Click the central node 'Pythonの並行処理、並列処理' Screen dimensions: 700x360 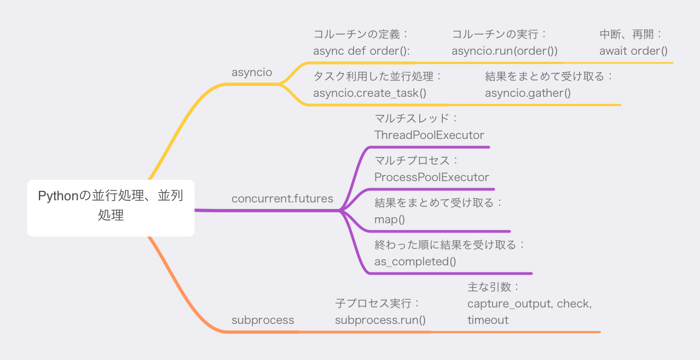111,208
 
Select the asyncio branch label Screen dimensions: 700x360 252,73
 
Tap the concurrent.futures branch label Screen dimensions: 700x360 282,199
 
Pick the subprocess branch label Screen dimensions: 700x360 263,320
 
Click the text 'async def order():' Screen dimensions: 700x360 362,51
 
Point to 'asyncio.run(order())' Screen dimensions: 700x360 505,51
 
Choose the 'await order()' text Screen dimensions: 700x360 633,51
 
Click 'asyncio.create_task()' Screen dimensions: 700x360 369,93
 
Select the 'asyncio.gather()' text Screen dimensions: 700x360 528,93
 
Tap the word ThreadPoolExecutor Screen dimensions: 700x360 429,135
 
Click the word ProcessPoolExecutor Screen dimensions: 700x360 432,177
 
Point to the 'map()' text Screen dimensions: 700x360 389,220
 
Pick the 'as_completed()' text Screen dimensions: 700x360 415,262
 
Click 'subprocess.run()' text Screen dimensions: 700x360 380,320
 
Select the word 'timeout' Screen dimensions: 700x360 488,320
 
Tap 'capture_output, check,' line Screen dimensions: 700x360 530,304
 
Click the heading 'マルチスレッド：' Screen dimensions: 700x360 415,118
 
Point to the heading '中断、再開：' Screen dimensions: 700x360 630,34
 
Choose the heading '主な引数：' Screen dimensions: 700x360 493,287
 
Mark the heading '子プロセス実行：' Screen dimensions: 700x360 377,304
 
